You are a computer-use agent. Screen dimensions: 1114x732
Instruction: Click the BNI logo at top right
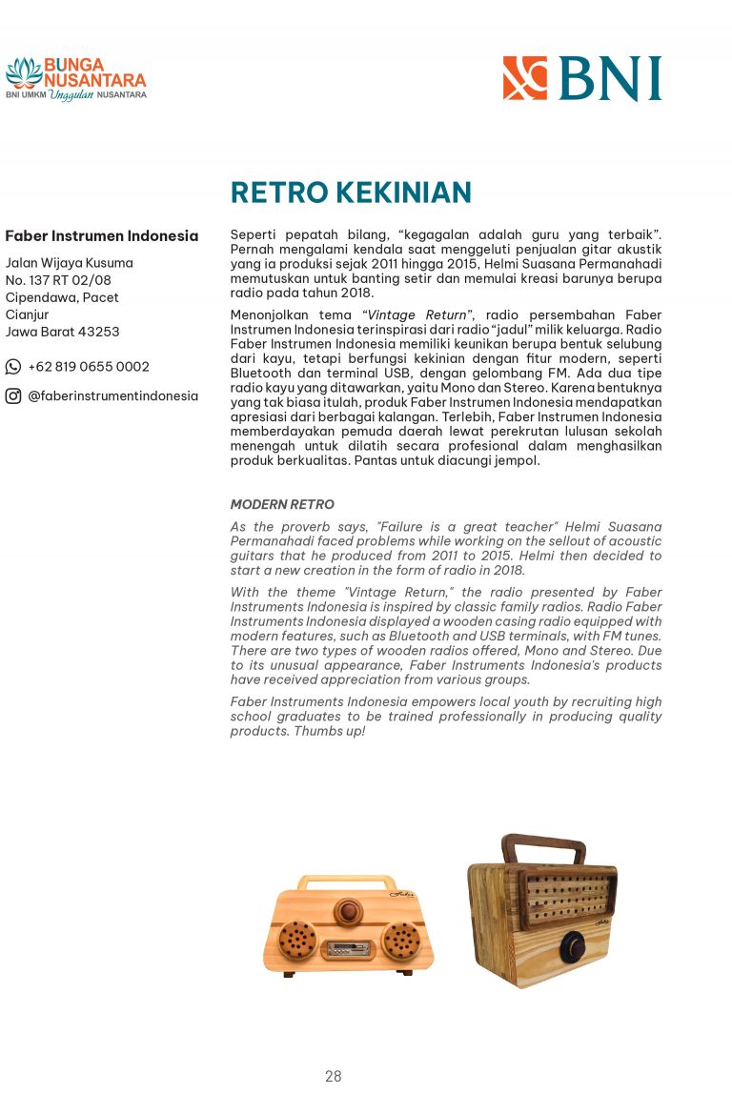coord(581,78)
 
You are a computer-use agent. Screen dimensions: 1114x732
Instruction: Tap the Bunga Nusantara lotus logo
coord(24,72)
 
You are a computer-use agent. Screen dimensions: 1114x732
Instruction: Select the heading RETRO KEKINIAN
coord(351,192)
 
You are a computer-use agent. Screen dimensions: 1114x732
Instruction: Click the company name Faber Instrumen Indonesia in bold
coord(102,236)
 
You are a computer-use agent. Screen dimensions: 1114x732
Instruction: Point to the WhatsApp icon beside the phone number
coord(13,367)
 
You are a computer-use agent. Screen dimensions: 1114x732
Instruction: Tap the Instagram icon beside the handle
coord(13,396)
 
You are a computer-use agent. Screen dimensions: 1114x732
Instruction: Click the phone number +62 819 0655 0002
coord(89,367)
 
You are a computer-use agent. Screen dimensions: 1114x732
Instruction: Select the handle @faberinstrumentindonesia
coord(112,396)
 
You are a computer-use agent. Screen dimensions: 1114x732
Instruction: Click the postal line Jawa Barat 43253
coord(63,332)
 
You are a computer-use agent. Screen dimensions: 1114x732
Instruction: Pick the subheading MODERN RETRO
coord(282,504)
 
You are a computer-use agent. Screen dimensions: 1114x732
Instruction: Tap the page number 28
coord(333,1076)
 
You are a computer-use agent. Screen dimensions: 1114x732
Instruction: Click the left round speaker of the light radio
coord(297,941)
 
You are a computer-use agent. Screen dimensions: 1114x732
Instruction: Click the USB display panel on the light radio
coord(348,949)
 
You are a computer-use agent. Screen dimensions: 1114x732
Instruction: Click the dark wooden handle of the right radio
coord(543,845)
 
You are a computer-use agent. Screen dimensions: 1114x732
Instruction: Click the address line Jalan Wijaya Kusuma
coord(70,263)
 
